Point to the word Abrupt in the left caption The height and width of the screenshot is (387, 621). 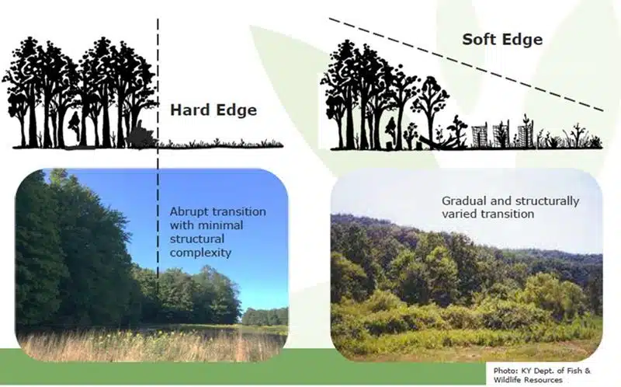click(187, 212)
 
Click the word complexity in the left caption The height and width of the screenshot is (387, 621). click(200, 253)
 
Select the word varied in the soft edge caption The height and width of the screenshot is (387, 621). click(459, 214)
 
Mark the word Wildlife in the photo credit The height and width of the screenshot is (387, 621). click(508, 380)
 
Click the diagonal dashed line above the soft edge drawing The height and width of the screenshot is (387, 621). click(467, 64)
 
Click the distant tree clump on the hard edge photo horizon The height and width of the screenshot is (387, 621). click(265, 316)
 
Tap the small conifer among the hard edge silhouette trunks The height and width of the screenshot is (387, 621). click(75, 127)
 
